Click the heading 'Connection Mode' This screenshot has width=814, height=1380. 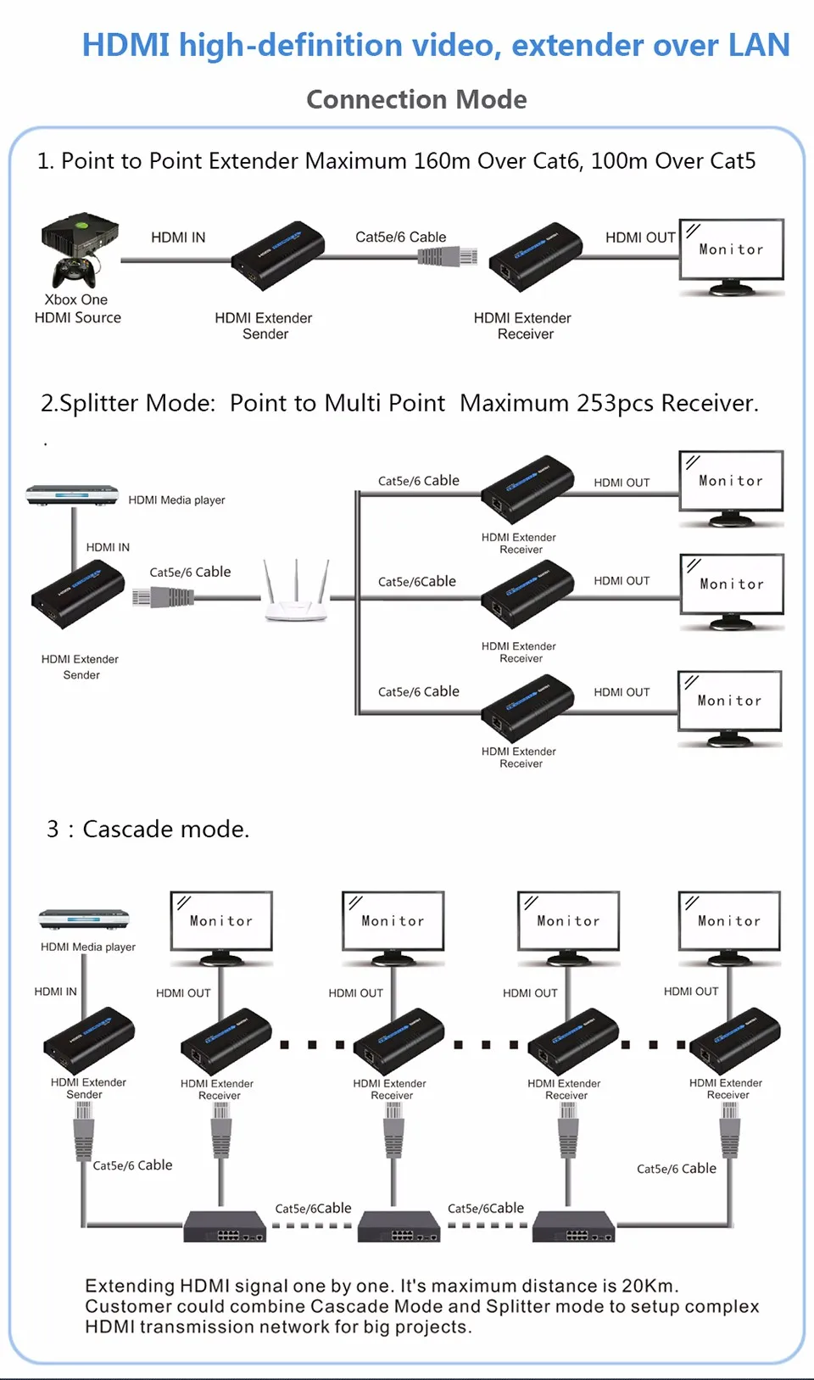tap(416, 99)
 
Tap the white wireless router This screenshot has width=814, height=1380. tap(295, 594)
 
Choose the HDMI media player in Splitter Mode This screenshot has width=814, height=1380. tap(72, 494)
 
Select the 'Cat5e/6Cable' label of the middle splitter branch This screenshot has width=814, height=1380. tap(416, 582)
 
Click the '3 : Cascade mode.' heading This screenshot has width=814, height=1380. tap(148, 829)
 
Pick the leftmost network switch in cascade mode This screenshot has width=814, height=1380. tap(225, 1227)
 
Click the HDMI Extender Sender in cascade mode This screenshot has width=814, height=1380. tap(89, 1041)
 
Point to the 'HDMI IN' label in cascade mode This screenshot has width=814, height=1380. tap(55, 992)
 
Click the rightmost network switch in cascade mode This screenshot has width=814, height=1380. tap(573, 1227)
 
